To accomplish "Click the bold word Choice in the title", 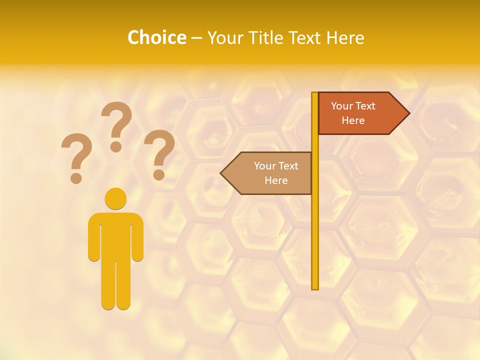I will [156, 37].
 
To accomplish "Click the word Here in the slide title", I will [345, 37].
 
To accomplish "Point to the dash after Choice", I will [196, 38].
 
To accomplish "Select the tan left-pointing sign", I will [270, 173].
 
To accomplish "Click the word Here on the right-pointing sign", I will [353, 120].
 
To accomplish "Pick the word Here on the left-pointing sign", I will [276, 180].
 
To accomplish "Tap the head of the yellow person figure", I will [115, 198].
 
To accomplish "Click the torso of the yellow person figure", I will [115, 235].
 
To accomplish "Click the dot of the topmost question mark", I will [116, 146].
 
